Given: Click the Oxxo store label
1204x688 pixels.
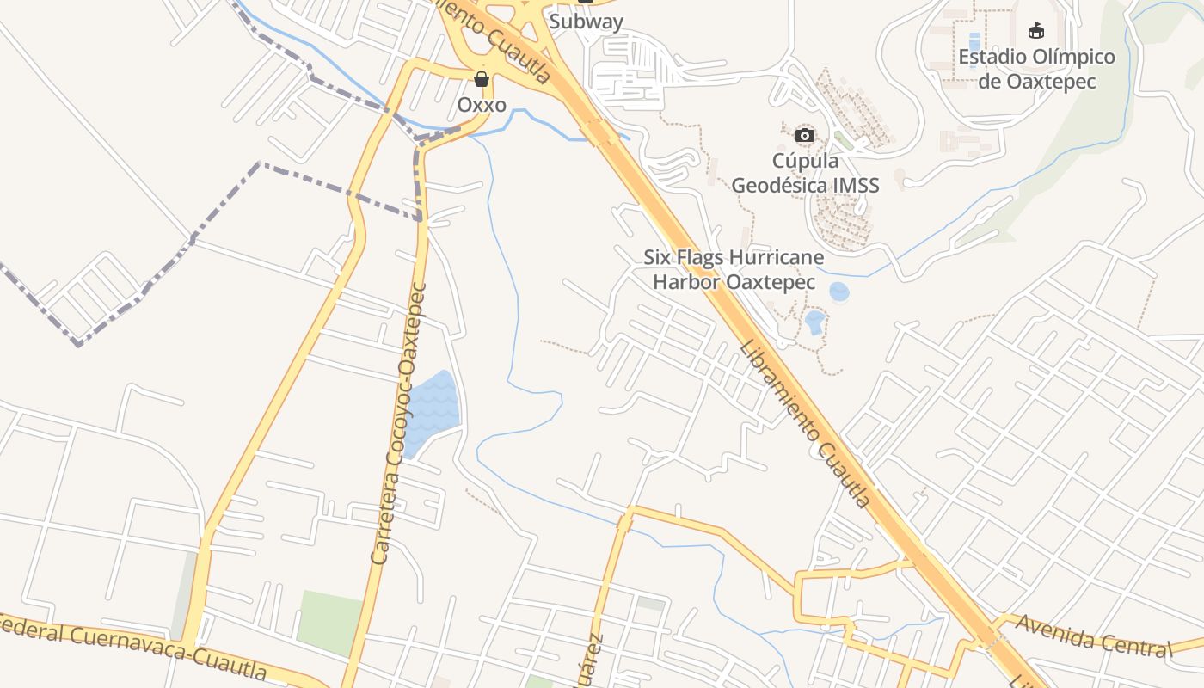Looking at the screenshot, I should (x=482, y=104).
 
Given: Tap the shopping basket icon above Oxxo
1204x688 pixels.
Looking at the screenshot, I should (x=482, y=79).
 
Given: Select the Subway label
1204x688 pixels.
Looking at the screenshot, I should (x=586, y=21).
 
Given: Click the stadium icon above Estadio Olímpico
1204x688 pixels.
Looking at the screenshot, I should (x=1036, y=31).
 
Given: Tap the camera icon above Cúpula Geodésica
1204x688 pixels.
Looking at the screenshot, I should (x=805, y=135).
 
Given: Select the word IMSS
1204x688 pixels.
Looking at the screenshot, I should (x=856, y=185).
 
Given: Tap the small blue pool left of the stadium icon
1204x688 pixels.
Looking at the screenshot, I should (x=974, y=41).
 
